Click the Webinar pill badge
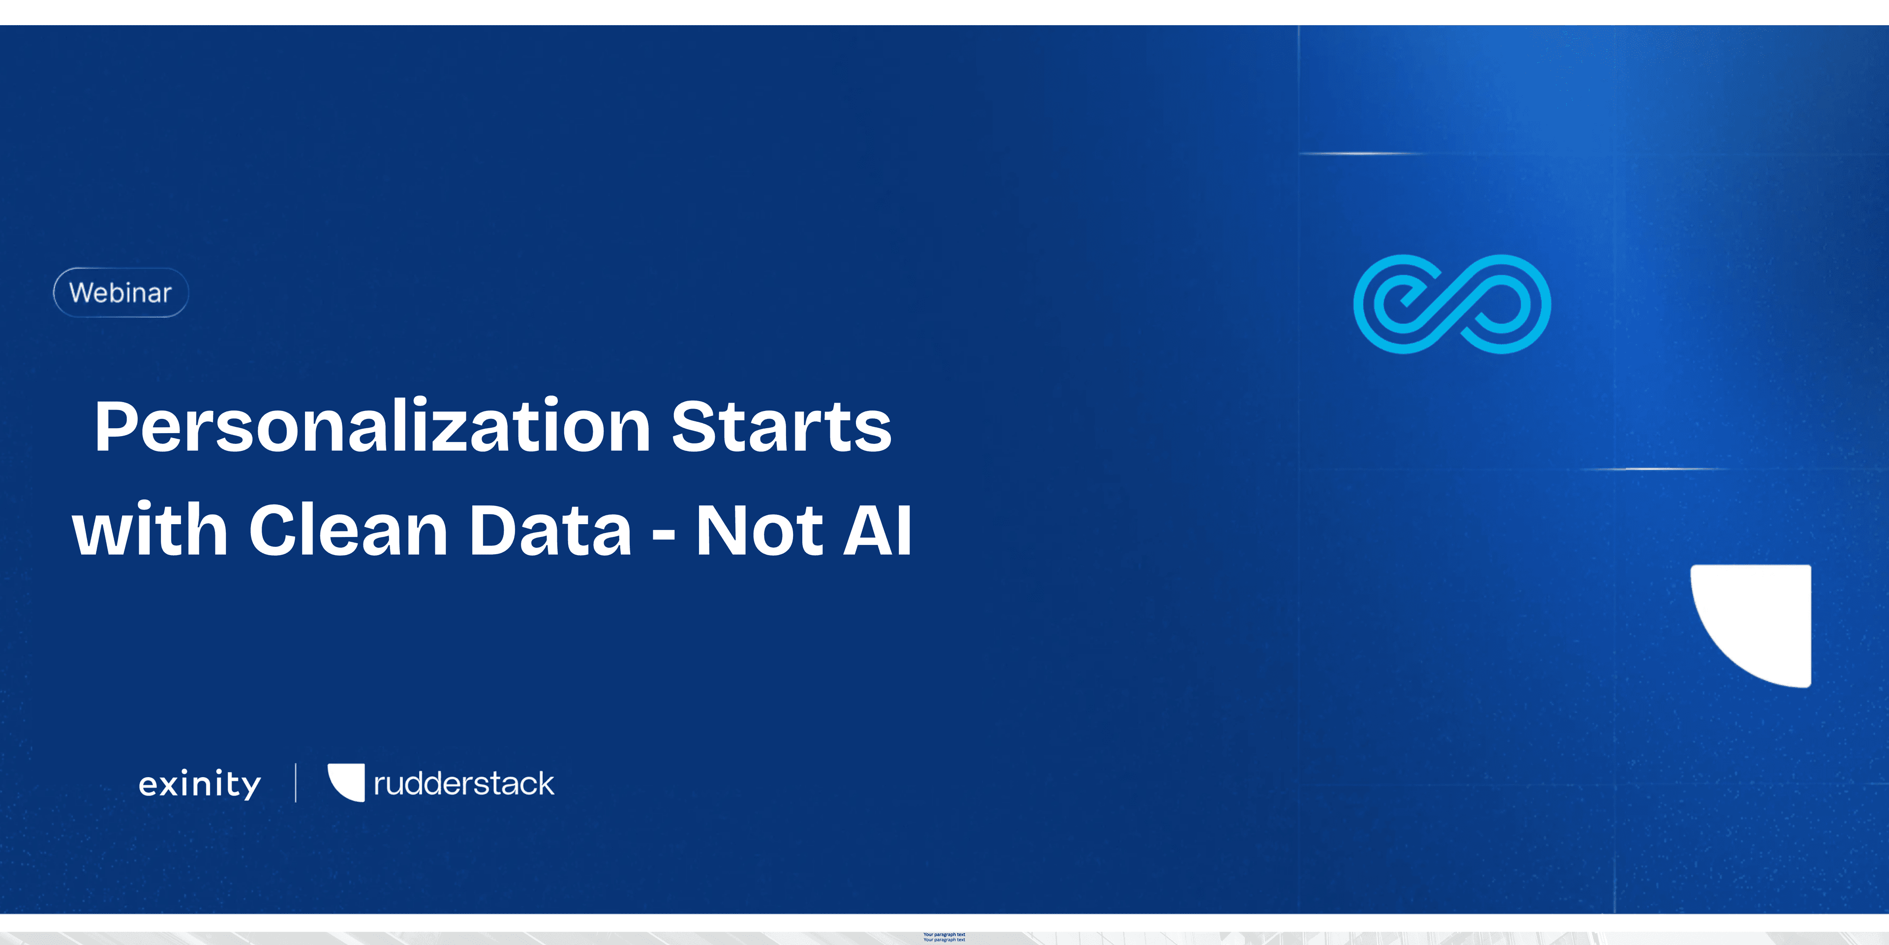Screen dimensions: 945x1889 (x=121, y=293)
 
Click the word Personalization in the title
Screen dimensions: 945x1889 (x=372, y=428)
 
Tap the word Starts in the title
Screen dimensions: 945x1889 (x=781, y=428)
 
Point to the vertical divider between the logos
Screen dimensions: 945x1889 (x=296, y=783)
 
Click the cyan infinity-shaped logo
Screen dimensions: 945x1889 (x=1452, y=304)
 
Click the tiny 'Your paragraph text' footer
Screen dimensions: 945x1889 (x=944, y=937)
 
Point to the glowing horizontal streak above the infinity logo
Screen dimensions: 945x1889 (x=1360, y=154)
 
